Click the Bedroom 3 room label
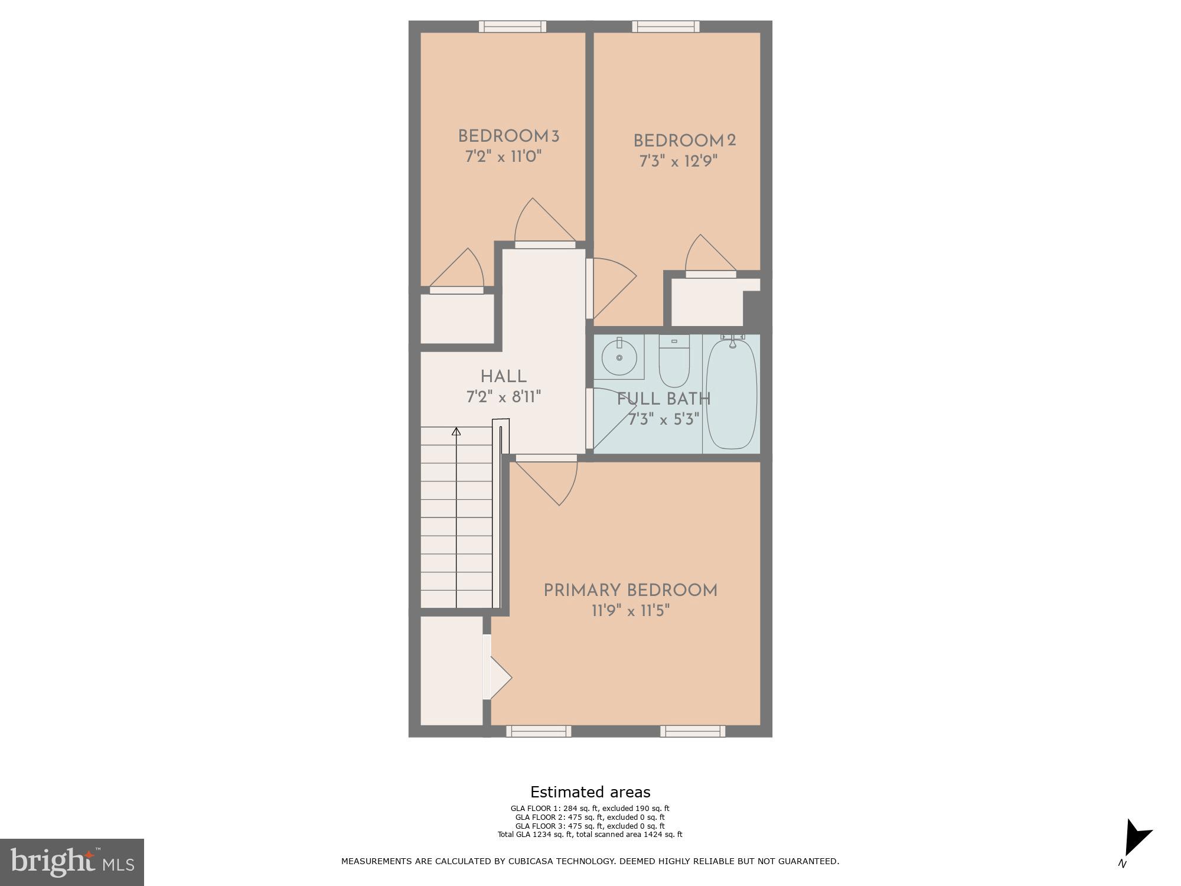tap(508, 136)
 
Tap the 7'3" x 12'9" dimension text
tap(678, 161)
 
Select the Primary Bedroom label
tap(630, 591)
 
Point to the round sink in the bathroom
tap(619, 358)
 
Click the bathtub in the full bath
tap(732, 393)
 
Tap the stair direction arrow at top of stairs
tap(456, 432)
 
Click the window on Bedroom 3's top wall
tap(512, 27)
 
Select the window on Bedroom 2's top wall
tap(665, 27)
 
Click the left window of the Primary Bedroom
tap(539, 731)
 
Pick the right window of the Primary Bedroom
tap(692, 731)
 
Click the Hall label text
tap(503, 376)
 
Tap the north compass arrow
tap(1136, 839)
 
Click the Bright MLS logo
tap(72, 862)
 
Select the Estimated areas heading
tap(590, 792)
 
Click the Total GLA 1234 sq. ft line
tap(590, 835)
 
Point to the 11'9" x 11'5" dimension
tap(630, 611)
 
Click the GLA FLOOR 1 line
tap(590, 809)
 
